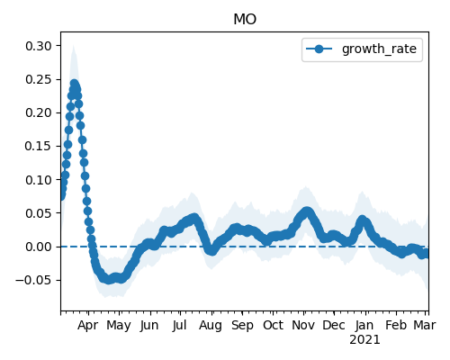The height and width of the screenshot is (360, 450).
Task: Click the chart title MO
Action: pyautogui.click(x=245, y=20)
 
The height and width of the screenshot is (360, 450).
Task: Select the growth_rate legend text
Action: pyautogui.click(x=379, y=49)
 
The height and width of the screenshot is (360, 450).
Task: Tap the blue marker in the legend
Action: pyautogui.click(x=319, y=49)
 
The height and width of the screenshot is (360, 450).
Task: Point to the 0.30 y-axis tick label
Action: pyautogui.click(x=39, y=46)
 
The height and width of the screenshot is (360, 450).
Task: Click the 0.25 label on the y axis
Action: pyautogui.click(x=39, y=79)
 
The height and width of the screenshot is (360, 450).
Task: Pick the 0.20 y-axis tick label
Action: pyautogui.click(x=39, y=112)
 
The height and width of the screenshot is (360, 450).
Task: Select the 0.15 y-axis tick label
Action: pyautogui.click(x=39, y=146)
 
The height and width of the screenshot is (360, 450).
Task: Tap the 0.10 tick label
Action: pyautogui.click(x=39, y=180)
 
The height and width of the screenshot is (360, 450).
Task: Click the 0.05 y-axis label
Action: pyautogui.click(x=39, y=213)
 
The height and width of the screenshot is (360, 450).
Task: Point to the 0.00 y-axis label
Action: pyautogui.click(x=39, y=247)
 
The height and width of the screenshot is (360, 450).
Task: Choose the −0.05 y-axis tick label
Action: pyautogui.click(x=34, y=280)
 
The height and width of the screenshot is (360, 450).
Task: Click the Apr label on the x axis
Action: pyautogui.click(x=88, y=326)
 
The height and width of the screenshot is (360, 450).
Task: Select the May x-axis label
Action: pyautogui.click(x=119, y=326)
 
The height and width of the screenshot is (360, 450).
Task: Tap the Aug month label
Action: pyautogui.click(x=211, y=326)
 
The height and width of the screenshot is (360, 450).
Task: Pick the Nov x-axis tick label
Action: pyautogui.click(x=303, y=325)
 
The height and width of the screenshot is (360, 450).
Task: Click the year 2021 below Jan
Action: pyautogui.click(x=364, y=340)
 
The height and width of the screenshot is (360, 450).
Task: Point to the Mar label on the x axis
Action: pyautogui.click(x=425, y=325)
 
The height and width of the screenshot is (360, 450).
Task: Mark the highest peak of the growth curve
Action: pyautogui.click(x=74, y=84)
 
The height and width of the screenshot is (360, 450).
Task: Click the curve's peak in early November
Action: pyautogui.click(x=307, y=211)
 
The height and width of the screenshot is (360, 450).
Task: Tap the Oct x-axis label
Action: pyautogui.click(x=273, y=325)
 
